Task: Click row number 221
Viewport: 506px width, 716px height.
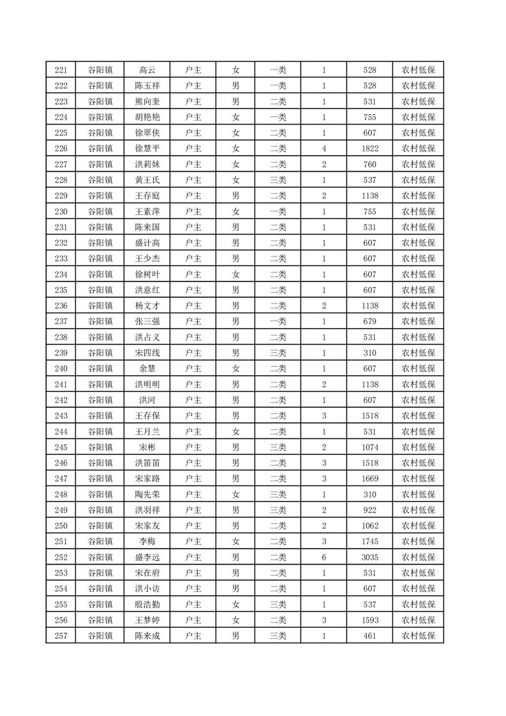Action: point(61,70)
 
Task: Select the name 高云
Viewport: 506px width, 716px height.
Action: point(147,70)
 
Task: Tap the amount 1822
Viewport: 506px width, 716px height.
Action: point(369,149)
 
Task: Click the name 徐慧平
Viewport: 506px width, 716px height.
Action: point(147,149)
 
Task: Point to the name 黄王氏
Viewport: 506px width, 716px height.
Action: point(147,180)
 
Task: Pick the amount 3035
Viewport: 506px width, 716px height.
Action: point(369,557)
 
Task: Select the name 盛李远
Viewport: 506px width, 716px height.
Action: point(147,557)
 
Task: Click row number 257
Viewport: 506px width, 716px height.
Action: point(61,636)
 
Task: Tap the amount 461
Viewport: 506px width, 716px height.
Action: point(369,636)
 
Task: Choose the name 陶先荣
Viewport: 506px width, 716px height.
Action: point(147,495)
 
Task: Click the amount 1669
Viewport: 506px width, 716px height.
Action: point(369,479)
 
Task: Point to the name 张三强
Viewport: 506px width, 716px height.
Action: point(147,322)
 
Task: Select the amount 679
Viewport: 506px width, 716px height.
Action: point(369,322)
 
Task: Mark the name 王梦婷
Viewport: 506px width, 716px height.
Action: point(147,620)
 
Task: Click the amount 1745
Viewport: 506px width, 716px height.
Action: point(369,542)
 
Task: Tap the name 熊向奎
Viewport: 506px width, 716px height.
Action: point(147,101)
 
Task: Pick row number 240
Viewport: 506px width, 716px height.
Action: point(61,369)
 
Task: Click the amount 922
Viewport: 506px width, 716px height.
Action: point(369,510)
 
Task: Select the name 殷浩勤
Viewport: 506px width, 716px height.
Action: point(147,604)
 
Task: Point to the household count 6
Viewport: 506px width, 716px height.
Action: point(324,557)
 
